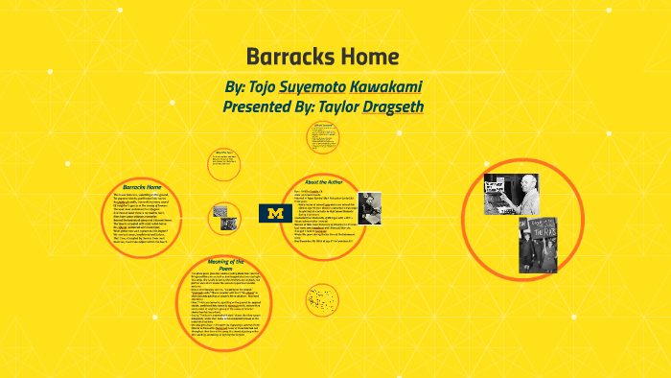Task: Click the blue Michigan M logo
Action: tap(276, 212)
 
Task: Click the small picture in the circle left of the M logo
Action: tap(220, 211)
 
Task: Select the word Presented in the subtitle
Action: tap(259, 106)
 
